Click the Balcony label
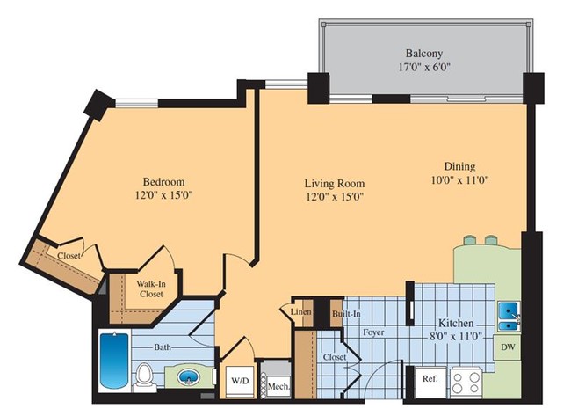tap(423, 51)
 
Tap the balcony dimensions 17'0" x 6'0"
tap(423, 66)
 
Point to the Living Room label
tap(334, 183)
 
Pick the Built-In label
tap(343, 313)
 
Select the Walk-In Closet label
tap(147, 289)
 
